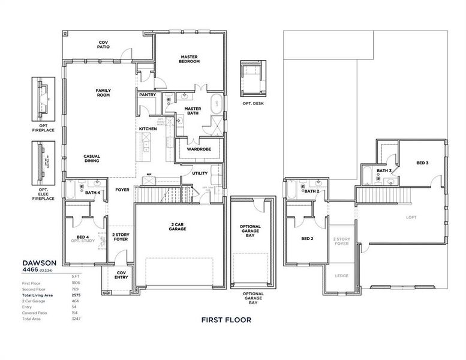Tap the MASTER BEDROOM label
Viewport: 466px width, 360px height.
click(x=190, y=59)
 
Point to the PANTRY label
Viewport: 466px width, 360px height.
click(x=147, y=95)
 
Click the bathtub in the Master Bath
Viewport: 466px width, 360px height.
click(x=217, y=104)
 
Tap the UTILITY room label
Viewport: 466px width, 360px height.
click(x=200, y=173)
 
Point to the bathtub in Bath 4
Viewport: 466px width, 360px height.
click(x=70, y=191)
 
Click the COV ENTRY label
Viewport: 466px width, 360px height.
click(x=122, y=274)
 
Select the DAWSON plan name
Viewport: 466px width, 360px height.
click(x=39, y=263)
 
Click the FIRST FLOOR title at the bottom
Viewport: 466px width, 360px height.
click(x=226, y=320)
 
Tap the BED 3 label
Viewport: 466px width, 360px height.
click(x=422, y=163)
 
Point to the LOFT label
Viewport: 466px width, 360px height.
click(x=411, y=217)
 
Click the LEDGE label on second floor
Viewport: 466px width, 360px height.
click(x=341, y=277)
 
